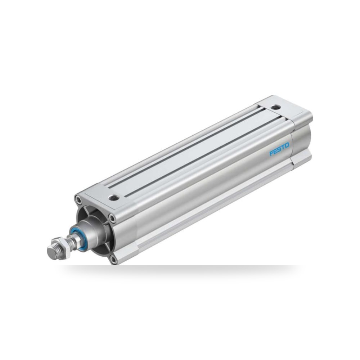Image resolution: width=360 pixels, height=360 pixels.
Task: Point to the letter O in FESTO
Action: (287, 145)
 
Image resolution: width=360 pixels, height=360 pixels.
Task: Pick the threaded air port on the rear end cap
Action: (276, 107)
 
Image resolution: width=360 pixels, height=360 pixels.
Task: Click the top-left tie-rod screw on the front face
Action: (79, 201)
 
